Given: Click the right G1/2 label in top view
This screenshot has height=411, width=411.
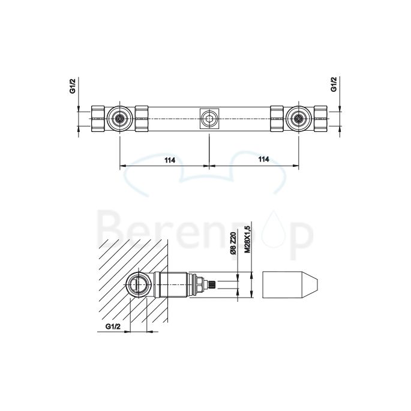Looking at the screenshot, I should coord(334,85).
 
